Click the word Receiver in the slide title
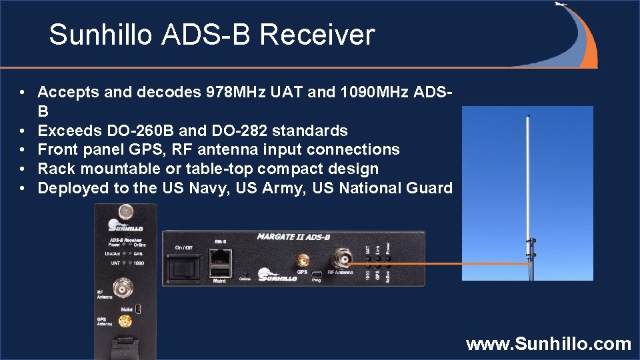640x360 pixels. coord(317,35)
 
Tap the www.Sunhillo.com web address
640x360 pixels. coord(548,344)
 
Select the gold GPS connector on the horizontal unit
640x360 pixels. coord(303,259)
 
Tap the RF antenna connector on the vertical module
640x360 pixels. coord(123,288)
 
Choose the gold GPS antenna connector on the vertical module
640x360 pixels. coord(124,322)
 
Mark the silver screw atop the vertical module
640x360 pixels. coord(124,211)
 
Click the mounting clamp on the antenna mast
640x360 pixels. coord(531,248)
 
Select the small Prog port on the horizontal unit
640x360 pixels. coord(317,274)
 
